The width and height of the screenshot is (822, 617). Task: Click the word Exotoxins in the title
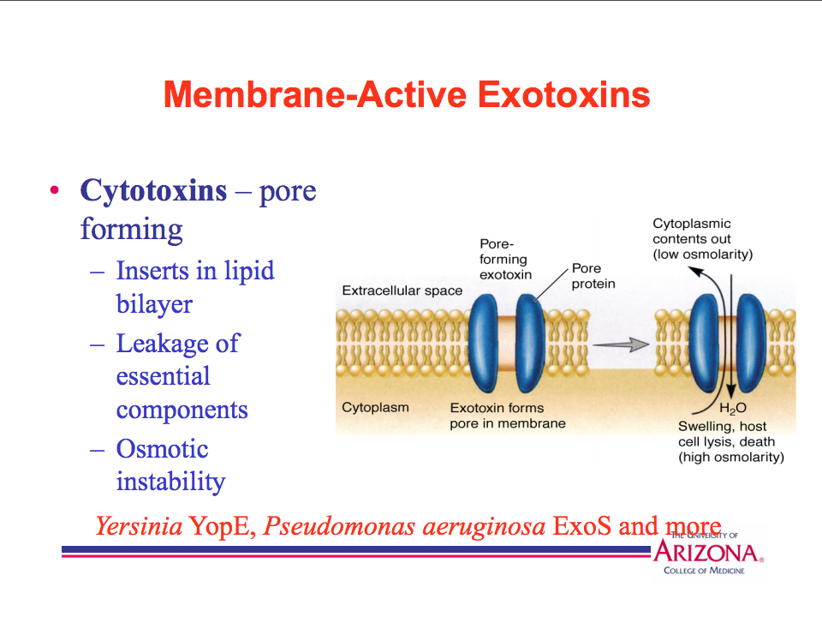pyautogui.click(x=563, y=94)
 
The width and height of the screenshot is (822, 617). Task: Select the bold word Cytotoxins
pyautogui.click(x=153, y=190)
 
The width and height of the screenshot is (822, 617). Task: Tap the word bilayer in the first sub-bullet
pyautogui.click(x=154, y=304)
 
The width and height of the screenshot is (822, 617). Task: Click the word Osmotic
pyautogui.click(x=162, y=449)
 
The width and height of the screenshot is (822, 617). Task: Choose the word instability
pyautogui.click(x=170, y=482)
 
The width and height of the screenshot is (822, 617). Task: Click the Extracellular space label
pyautogui.click(x=402, y=291)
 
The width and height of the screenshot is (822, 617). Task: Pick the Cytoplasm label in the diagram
pyautogui.click(x=375, y=407)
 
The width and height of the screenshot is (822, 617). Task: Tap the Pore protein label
pyautogui.click(x=593, y=276)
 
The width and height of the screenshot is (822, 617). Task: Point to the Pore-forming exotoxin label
pyautogui.click(x=504, y=260)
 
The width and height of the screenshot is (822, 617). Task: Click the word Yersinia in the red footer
pyautogui.click(x=139, y=525)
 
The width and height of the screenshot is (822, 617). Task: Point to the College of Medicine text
pyautogui.click(x=704, y=571)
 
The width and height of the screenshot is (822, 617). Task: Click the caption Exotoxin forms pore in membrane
pyautogui.click(x=507, y=416)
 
